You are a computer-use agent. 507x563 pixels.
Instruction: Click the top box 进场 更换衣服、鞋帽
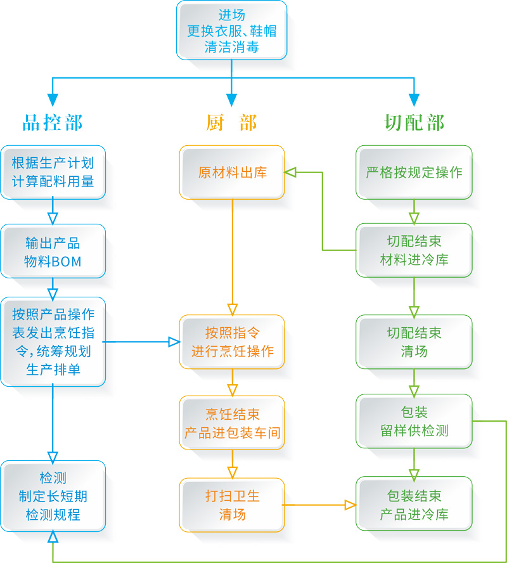(231, 30)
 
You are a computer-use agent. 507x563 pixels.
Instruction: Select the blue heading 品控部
(53, 122)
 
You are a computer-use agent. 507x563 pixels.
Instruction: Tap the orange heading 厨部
(231, 122)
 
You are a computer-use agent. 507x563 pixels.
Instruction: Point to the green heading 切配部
(414, 122)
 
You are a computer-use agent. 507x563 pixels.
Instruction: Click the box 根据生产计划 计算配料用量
(53, 172)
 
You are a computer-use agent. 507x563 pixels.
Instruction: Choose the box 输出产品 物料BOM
(53, 252)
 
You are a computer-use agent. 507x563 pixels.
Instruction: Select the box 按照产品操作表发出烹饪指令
(53, 342)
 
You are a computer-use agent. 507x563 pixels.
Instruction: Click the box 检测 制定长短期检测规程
(53, 496)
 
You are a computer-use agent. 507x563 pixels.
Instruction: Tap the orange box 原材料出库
(232, 172)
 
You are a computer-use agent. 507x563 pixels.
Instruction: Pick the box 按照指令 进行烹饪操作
(232, 342)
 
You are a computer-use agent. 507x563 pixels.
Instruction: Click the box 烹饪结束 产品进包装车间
(232, 424)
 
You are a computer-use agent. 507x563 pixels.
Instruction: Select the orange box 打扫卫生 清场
(232, 505)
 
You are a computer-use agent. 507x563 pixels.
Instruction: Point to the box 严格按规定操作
(414, 172)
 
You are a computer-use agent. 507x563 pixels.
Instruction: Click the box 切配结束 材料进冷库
(414, 250)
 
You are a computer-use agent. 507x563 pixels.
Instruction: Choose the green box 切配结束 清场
(414, 342)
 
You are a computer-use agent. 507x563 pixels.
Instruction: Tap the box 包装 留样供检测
(414, 422)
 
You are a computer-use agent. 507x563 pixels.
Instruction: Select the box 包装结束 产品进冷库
(414, 505)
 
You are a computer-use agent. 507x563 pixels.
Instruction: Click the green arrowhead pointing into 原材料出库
(290, 172)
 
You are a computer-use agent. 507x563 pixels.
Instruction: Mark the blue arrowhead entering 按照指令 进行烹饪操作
(174, 342)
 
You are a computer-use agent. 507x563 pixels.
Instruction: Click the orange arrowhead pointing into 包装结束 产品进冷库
(350, 505)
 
